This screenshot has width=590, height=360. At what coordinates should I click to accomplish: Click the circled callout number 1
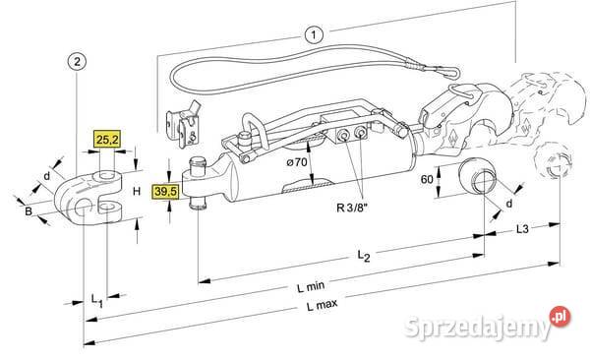click(x=314, y=35)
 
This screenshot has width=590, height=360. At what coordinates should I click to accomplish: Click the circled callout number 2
click(x=77, y=61)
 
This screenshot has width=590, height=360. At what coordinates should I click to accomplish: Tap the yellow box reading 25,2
click(x=107, y=140)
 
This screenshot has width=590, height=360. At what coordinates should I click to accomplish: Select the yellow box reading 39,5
click(x=165, y=191)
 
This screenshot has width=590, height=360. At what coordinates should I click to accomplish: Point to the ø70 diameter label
click(x=297, y=162)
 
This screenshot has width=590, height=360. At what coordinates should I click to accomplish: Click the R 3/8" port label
click(x=352, y=208)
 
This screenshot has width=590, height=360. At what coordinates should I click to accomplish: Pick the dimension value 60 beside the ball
click(x=427, y=179)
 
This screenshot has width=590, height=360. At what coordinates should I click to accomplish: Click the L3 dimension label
click(x=522, y=228)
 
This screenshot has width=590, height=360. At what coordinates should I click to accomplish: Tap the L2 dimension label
click(x=364, y=256)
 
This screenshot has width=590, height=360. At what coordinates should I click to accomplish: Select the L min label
click(x=311, y=287)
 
